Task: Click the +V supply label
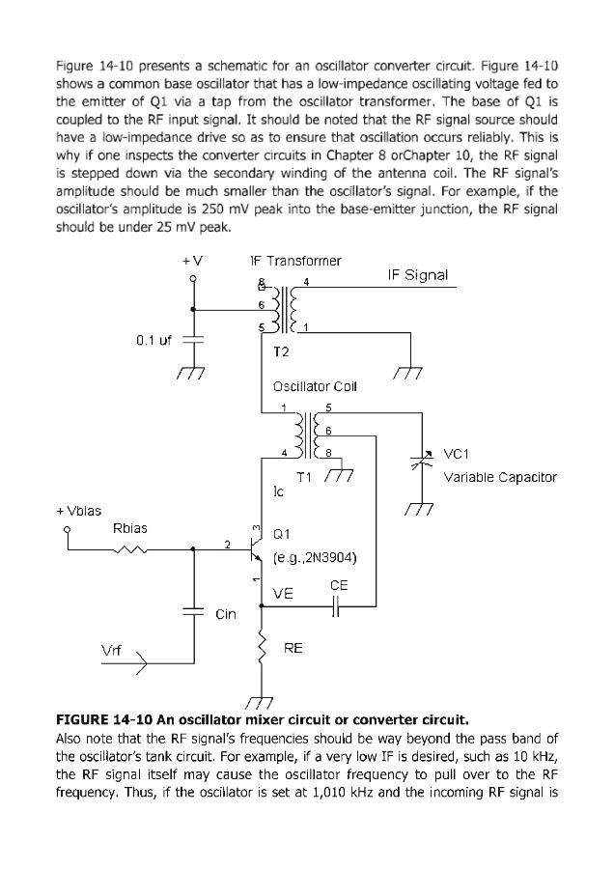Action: pyautogui.click(x=191, y=261)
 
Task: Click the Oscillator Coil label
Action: pyautogui.click(x=315, y=387)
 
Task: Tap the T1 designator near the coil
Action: pyautogui.click(x=303, y=476)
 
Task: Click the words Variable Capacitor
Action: pyautogui.click(x=499, y=477)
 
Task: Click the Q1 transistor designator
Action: pyautogui.click(x=282, y=533)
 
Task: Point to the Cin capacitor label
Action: pyautogui.click(x=226, y=614)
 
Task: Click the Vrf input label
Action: pyautogui.click(x=112, y=651)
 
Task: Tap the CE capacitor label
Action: pyautogui.click(x=339, y=585)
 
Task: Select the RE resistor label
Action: pyautogui.click(x=293, y=648)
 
